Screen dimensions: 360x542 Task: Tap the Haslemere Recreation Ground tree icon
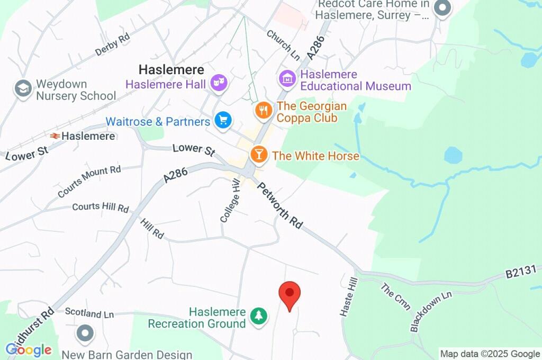tap(258, 317)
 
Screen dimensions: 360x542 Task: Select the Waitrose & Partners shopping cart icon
tap(223, 120)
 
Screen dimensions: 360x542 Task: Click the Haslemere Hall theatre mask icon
tap(218, 83)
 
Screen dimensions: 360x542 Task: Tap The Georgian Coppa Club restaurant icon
tap(263, 111)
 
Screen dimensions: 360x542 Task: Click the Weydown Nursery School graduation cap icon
tap(23, 89)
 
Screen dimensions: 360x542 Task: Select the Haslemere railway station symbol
tap(55, 136)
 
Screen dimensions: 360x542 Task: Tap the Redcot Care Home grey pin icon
tap(442, 8)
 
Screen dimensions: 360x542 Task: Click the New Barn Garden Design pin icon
tap(85, 334)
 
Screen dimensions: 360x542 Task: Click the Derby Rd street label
tap(112, 45)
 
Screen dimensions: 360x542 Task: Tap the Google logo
tap(29, 349)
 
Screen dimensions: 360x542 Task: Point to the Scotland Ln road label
tap(89, 313)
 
